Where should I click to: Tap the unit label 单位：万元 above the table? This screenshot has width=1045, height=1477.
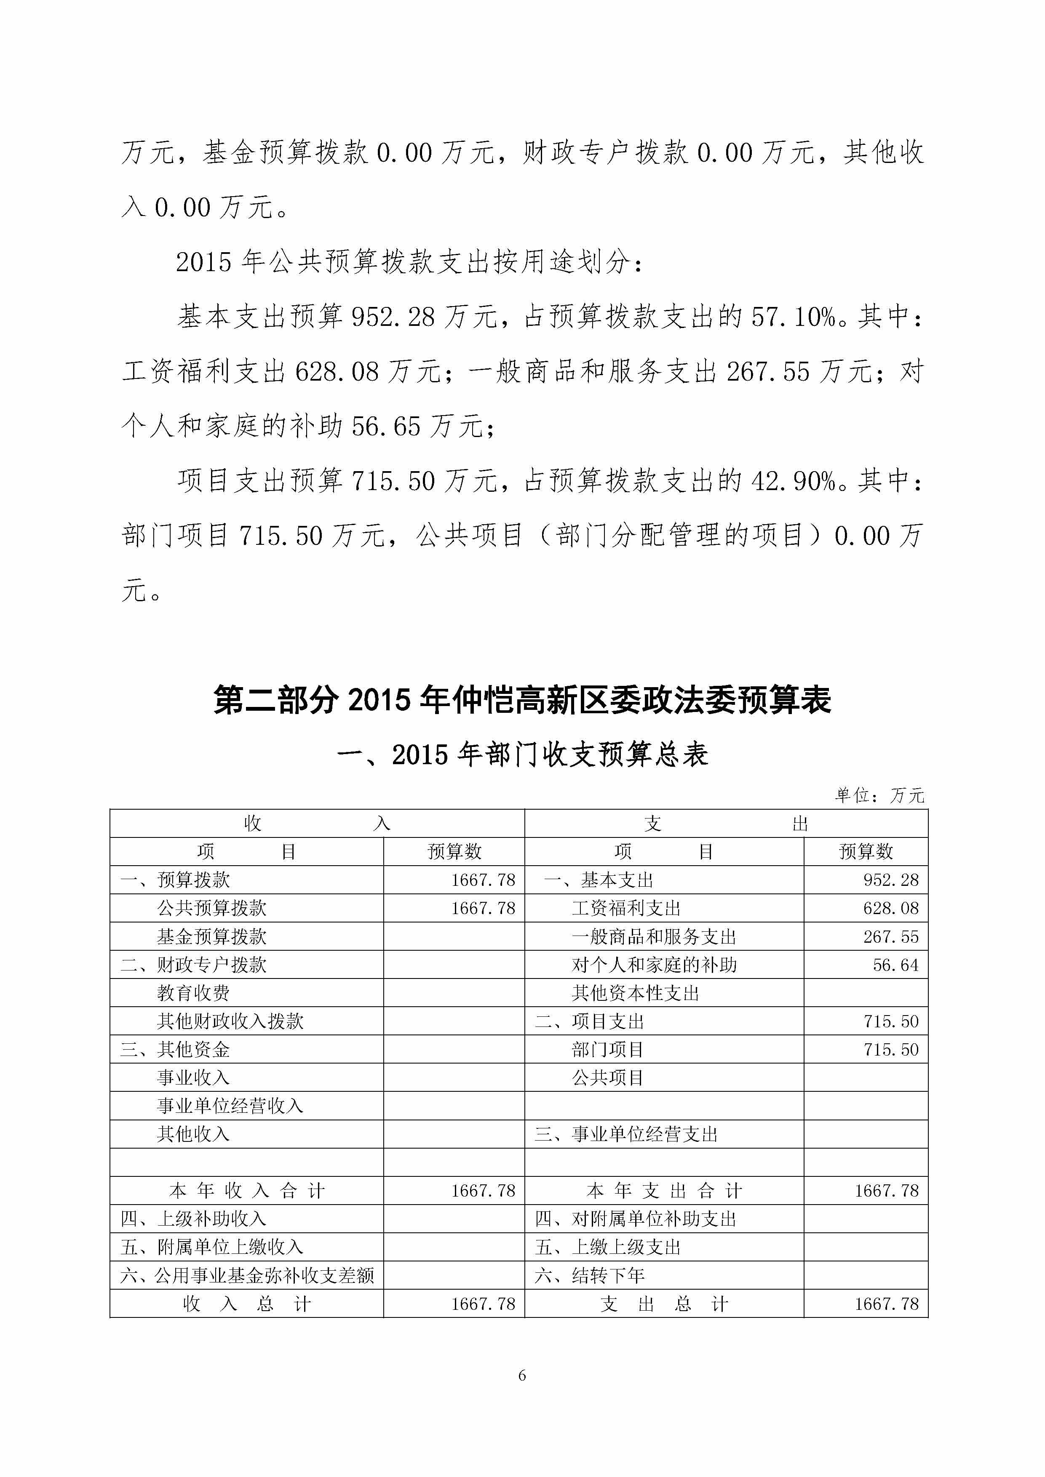pyautogui.click(x=879, y=796)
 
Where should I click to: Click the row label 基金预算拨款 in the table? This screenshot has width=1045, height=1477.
pyautogui.click(x=212, y=937)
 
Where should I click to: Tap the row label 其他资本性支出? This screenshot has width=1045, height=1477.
pyautogui.click(x=635, y=993)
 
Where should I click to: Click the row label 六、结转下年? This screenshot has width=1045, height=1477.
pyautogui.click(x=589, y=1276)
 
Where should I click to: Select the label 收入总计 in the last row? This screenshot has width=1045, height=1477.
pyautogui.click(x=247, y=1304)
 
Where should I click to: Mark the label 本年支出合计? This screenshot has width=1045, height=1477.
pyautogui.click(x=664, y=1191)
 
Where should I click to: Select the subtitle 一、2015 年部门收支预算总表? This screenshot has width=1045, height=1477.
pyautogui.click(x=522, y=754)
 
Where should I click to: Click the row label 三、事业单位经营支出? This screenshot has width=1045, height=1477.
pyautogui.click(x=625, y=1134)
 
